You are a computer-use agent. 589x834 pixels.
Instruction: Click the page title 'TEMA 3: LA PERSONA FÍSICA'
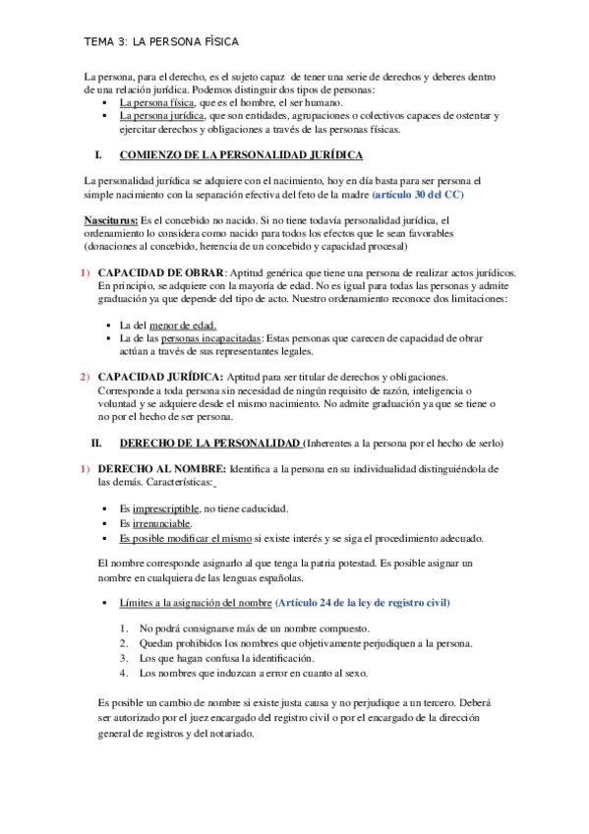(x=161, y=42)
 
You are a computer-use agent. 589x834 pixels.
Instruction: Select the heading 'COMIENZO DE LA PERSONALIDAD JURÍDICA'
(x=241, y=155)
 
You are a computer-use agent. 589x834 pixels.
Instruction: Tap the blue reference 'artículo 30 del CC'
(x=418, y=196)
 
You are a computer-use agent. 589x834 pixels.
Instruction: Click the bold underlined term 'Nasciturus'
(x=111, y=220)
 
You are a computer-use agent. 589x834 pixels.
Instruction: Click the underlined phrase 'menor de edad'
(x=182, y=326)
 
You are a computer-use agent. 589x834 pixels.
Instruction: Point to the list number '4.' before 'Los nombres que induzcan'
(x=124, y=673)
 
